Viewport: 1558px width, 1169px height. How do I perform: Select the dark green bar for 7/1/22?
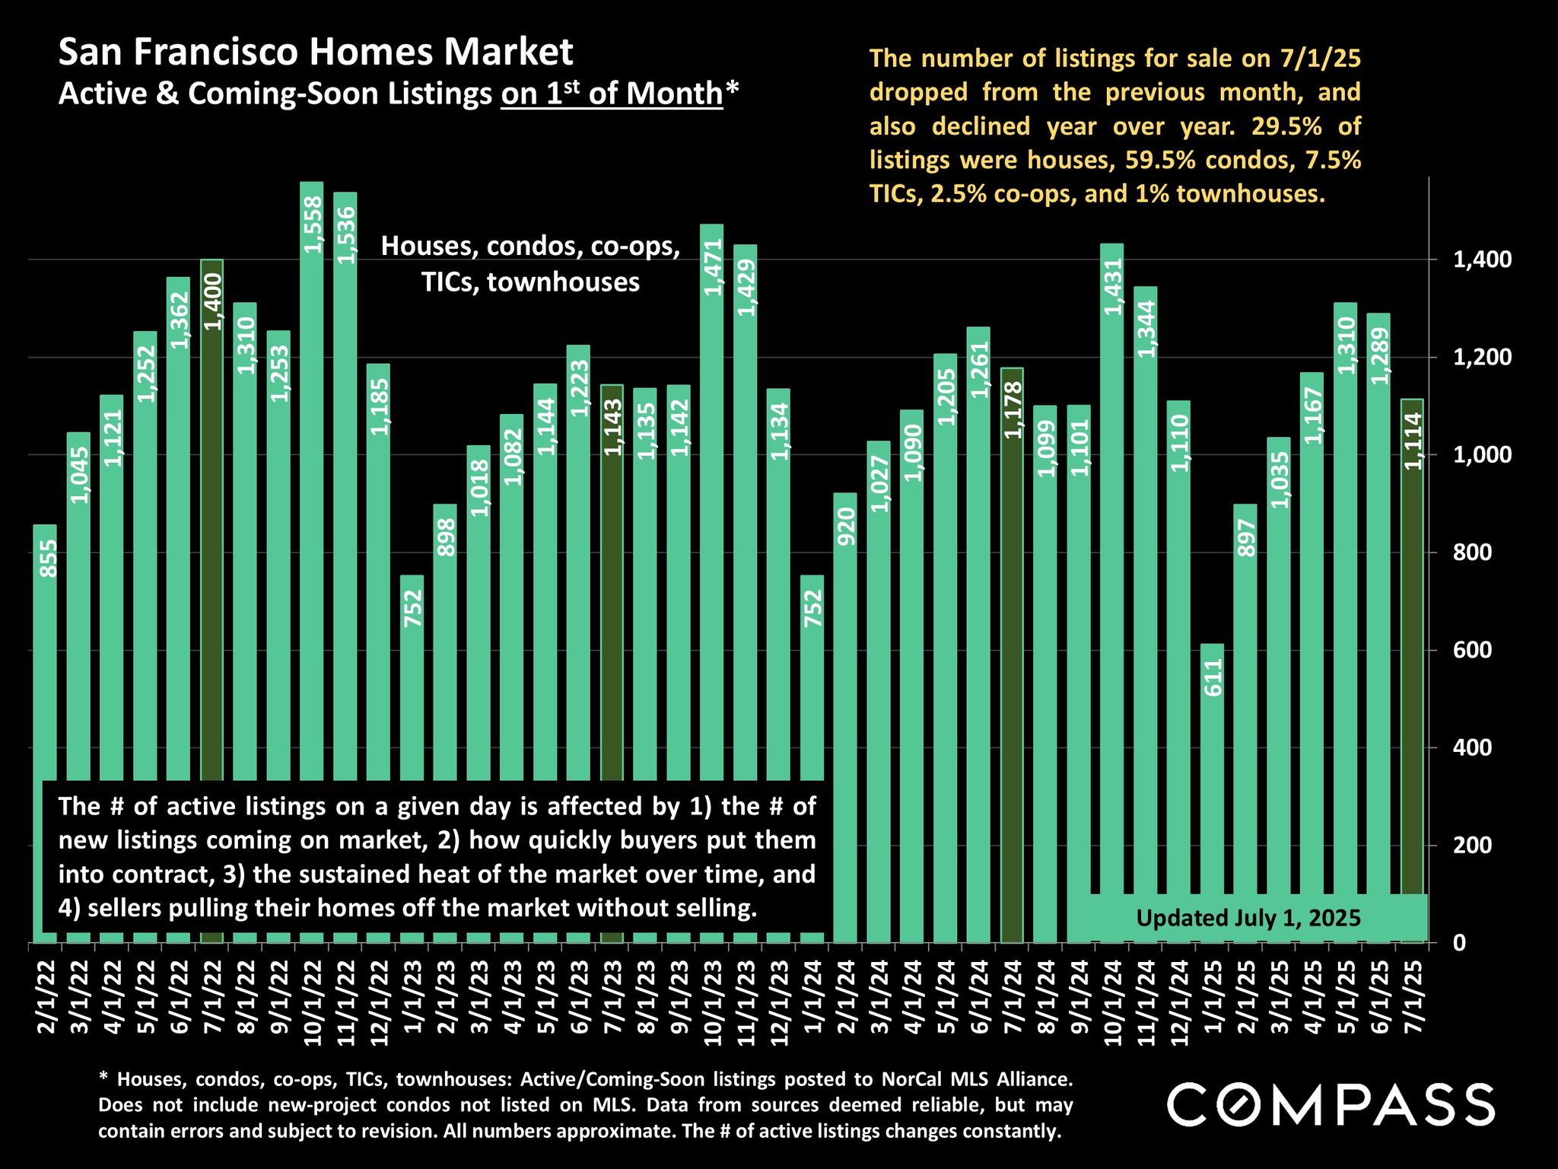(x=212, y=533)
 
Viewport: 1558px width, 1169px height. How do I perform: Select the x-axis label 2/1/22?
(x=46, y=997)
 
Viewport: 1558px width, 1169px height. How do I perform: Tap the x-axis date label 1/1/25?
(x=1213, y=997)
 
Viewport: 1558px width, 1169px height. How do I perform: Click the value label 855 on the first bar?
(x=48, y=558)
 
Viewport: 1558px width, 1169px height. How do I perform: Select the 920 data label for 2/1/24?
(x=846, y=526)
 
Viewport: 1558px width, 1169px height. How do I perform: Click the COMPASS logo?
(x=1330, y=1104)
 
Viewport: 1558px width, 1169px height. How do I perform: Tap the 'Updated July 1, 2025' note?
(x=1248, y=918)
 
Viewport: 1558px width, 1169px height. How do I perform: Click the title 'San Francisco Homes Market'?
(x=316, y=53)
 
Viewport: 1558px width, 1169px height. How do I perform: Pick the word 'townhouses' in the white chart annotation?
(x=563, y=282)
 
